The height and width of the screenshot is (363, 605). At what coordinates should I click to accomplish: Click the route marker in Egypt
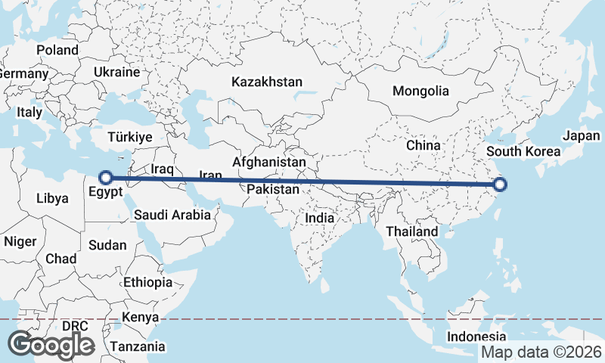pyautogui.click(x=107, y=178)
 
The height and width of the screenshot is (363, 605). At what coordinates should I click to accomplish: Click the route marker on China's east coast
pyautogui.click(x=500, y=184)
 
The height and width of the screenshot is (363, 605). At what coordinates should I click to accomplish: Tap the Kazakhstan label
pyautogui.click(x=268, y=82)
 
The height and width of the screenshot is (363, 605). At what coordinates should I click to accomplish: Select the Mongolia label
pyautogui.click(x=420, y=91)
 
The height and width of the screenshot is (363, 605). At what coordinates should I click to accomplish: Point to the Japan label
pyautogui.click(x=581, y=136)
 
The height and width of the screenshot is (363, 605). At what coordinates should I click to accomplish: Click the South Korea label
pyautogui.click(x=523, y=151)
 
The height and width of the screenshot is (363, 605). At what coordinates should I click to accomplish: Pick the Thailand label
pyautogui.click(x=411, y=231)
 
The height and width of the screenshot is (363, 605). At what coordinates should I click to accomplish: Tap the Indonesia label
pyautogui.click(x=476, y=337)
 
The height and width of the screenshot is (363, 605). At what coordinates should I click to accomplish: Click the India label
pyautogui.click(x=319, y=218)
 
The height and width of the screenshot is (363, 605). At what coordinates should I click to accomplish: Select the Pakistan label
pyautogui.click(x=272, y=189)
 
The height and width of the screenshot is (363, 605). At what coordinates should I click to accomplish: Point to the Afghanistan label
pyautogui.click(x=269, y=162)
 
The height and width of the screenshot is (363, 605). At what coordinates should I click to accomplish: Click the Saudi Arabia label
pyautogui.click(x=172, y=215)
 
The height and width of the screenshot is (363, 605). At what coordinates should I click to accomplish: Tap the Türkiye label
pyautogui.click(x=130, y=138)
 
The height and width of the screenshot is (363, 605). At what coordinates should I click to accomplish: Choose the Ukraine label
pyautogui.click(x=116, y=73)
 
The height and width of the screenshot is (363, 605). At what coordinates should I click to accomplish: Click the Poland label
pyautogui.click(x=57, y=50)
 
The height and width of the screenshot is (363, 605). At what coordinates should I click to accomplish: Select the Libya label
pyautogui.click(x=52, y=199)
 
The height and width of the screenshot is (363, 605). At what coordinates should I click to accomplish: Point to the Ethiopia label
pyautogui.click(x=147, y=282)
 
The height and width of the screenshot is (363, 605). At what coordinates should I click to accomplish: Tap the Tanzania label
pyautogui.click(x=137, y=346)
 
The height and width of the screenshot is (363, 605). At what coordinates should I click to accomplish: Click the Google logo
pyautogui.click(x=51, y=345)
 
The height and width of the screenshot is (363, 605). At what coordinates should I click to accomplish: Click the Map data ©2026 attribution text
pyautogui.click(x=541, y=352)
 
